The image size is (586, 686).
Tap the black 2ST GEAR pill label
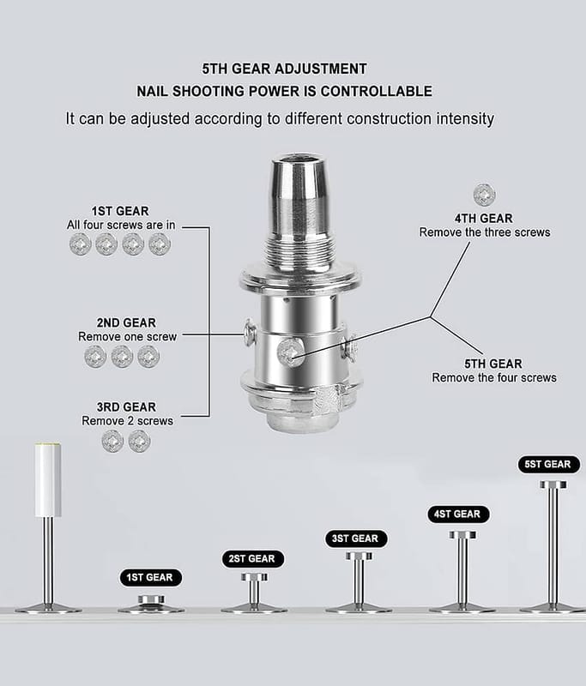253,559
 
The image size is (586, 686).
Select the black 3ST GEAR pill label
356,539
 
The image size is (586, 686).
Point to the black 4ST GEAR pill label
459,514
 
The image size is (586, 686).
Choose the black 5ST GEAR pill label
549,464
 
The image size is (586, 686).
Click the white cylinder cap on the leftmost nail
48,480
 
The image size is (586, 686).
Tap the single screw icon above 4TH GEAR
484,195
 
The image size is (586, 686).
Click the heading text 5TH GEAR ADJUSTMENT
285,69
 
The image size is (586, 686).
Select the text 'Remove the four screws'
494,377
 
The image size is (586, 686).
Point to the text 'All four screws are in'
121,225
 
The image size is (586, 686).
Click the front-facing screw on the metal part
290,352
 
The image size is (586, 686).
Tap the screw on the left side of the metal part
250,333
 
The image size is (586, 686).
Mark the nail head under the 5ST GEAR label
553,484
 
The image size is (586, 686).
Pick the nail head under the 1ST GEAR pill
151,599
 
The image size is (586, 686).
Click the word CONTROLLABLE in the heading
377,91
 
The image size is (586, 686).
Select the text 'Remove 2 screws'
127,421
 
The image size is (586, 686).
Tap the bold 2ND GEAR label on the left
126,323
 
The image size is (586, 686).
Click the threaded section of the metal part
300,250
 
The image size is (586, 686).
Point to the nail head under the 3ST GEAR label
359,556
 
